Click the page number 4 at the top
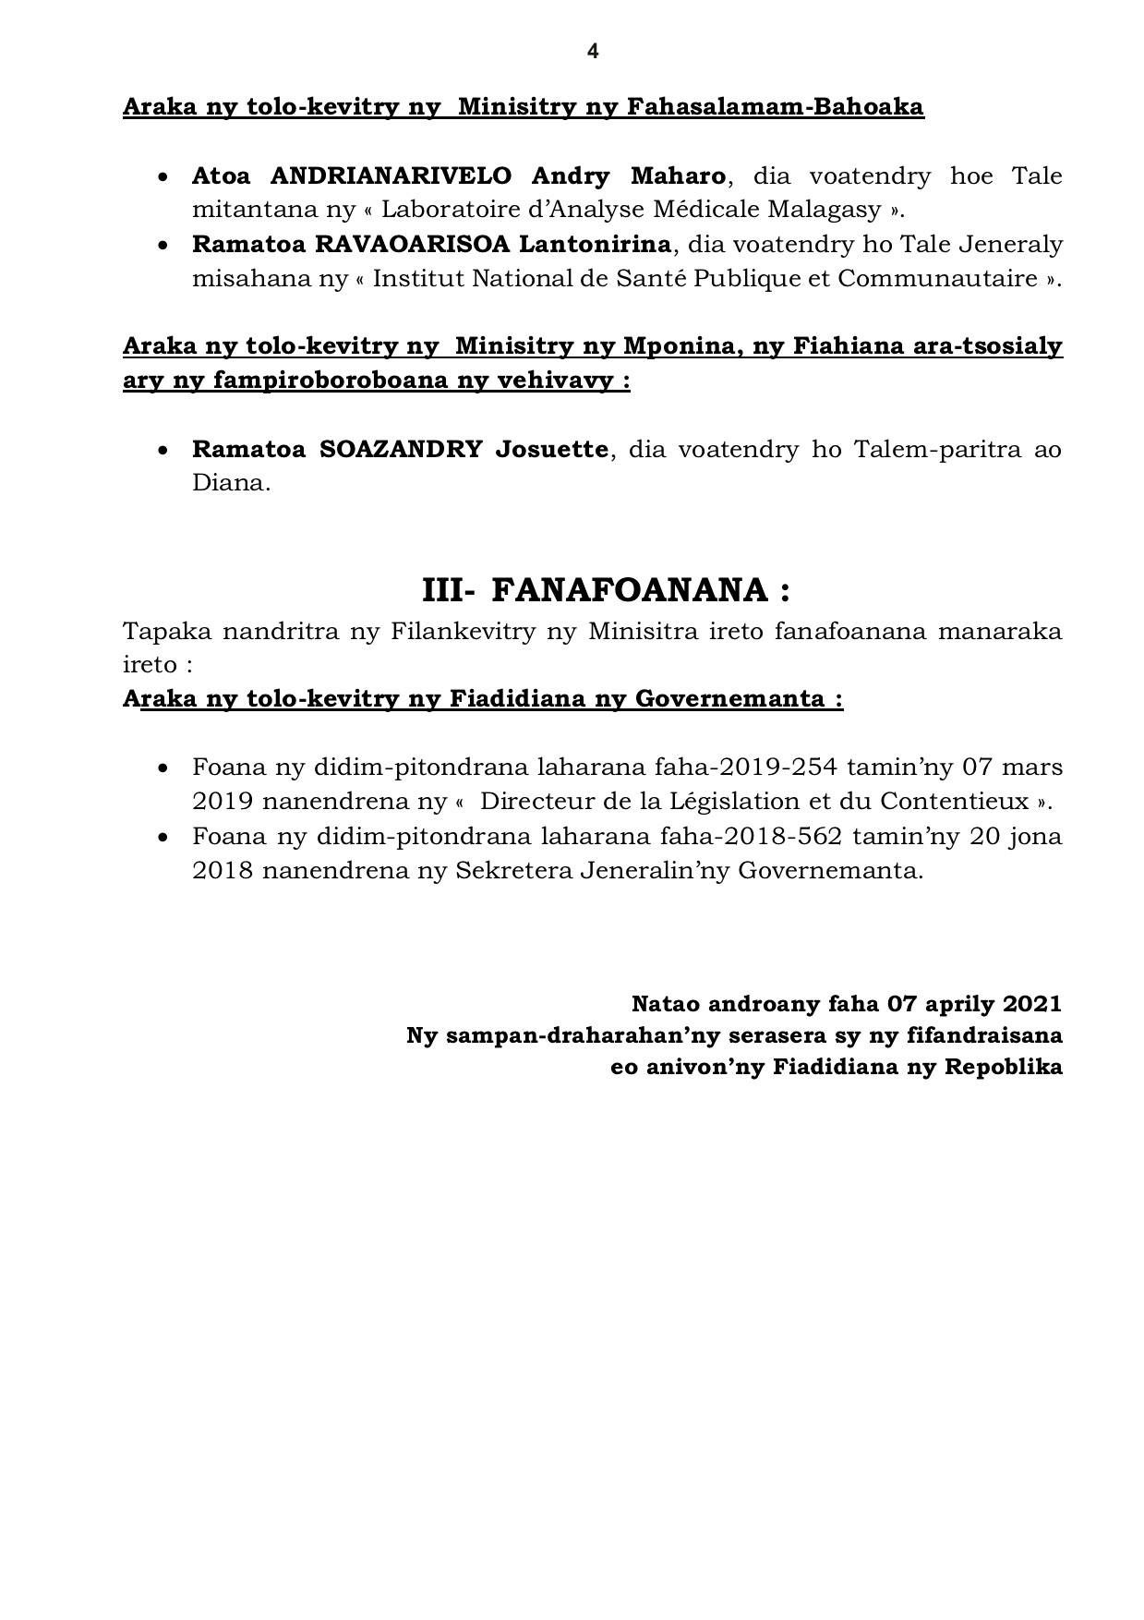click(x=592, y=52)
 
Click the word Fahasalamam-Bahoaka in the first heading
click(x=776, y=107)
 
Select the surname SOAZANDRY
click(x=401, y=450)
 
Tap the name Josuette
click(x=552, y=450)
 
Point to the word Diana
click(x=230, y=483)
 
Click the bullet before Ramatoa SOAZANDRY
click(x=163, y=451)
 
